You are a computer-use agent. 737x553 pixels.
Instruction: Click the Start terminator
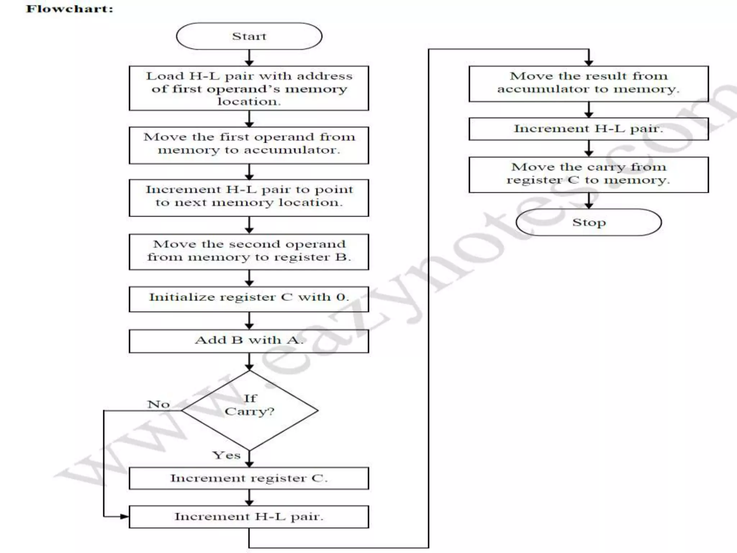coord(249,36)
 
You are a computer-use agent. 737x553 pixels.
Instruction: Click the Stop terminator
coord(589,222)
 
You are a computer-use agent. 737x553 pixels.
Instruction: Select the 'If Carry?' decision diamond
coord(249,410)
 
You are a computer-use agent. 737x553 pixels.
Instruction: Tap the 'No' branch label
coord(158,404)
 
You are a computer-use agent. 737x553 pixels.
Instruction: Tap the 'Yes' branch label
coord(226,455)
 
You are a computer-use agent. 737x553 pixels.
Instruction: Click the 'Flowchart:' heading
coord(70,9)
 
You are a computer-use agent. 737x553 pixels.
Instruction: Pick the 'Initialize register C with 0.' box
coord(249,298)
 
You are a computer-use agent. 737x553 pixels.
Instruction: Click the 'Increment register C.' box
coord(249,478)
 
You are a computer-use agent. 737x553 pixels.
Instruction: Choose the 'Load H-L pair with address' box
coord(249,88)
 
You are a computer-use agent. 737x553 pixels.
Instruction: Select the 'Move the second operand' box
coord(249,251)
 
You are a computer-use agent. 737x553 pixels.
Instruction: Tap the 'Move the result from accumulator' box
coord(589,83)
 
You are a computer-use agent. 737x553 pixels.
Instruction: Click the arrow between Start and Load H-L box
coord(249,58)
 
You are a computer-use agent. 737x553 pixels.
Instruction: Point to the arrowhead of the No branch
coord(125,516)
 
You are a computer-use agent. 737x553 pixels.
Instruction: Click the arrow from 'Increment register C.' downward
coord(249,497)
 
